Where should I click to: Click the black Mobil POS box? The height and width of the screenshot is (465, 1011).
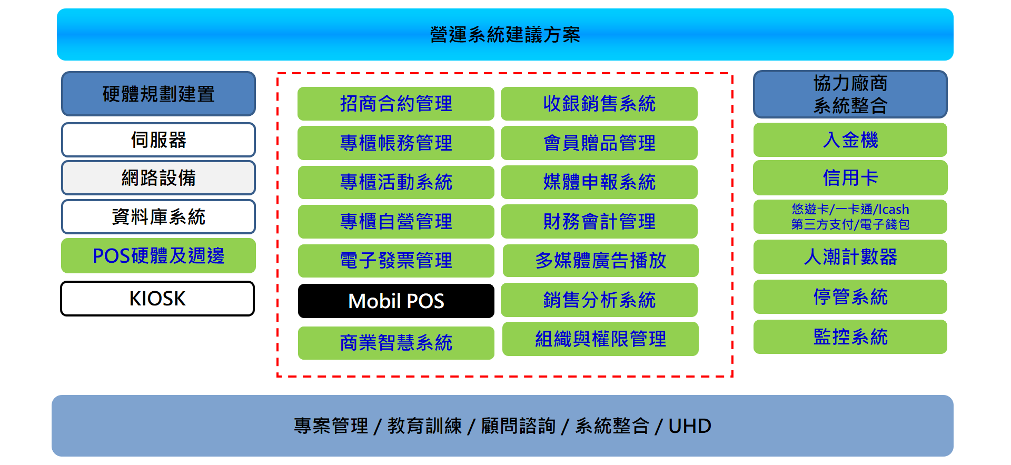(x=396, y=301)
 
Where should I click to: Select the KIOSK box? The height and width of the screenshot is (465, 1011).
(x=157, y=299)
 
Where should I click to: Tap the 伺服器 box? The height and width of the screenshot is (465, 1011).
(x=158, y=140)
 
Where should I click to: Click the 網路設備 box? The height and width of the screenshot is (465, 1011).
(x=158, y=178)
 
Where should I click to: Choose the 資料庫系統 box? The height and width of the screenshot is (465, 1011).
(x=158, y=216)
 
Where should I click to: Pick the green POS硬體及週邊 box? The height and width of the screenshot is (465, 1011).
(x=158, y=256)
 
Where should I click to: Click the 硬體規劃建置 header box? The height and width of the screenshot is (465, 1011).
(x=158, y=94)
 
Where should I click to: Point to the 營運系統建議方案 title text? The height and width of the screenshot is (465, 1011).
(x=505, y=35)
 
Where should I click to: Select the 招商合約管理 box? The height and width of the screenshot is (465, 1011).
(x=396, y=104)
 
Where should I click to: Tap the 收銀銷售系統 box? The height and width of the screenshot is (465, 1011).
(x=599, y=104)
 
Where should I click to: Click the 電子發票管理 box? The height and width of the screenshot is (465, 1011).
(x=396, y=261)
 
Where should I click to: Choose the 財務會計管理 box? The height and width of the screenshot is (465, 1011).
(x=599, y=221)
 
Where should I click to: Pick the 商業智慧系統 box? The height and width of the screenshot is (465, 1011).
(x=396, y=343)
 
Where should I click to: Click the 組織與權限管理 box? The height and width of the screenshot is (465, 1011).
(x=600, y=339)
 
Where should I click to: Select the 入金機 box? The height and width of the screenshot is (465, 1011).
(x=850, y=140)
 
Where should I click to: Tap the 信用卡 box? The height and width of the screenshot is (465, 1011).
(x=850, y=178)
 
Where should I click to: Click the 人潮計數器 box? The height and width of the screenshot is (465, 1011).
(x=850, y=257)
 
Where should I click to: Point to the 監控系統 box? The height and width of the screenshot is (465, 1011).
(x=850, y=337)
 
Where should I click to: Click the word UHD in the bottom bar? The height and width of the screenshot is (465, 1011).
(x=690, y=426)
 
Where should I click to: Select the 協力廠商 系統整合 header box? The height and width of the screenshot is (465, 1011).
(x=850, y=94)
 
